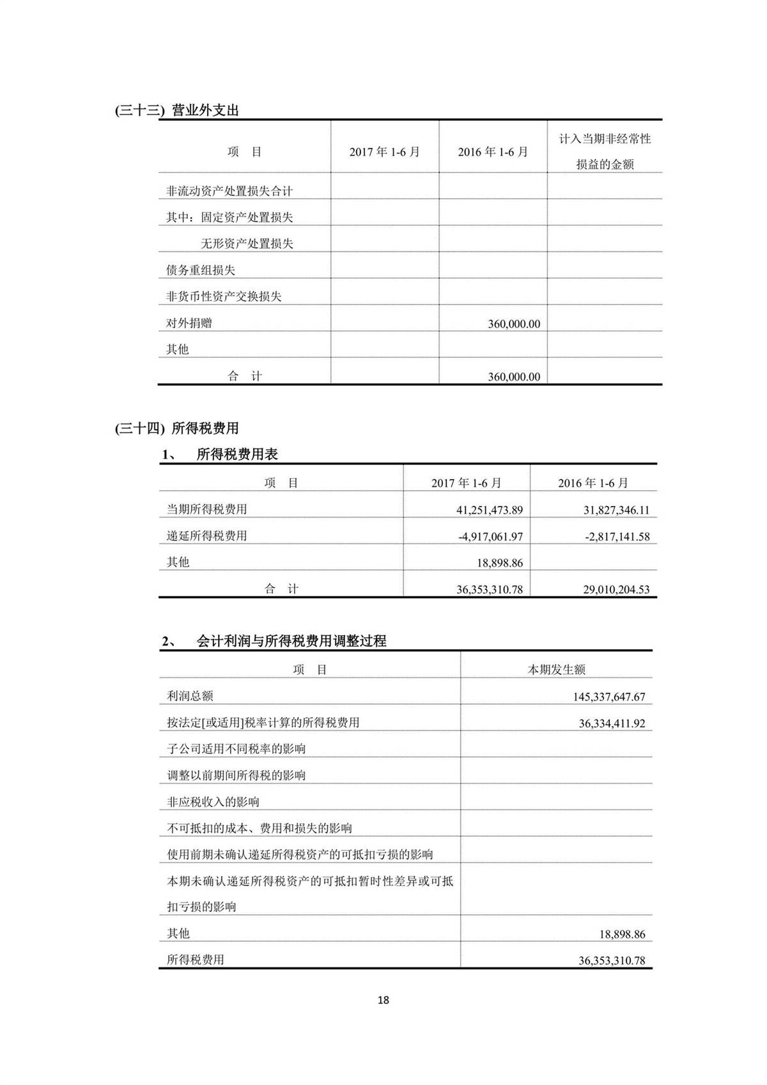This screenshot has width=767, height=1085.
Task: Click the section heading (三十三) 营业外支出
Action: coord(177,110)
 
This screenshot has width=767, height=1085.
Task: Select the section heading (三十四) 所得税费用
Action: coord(177,428)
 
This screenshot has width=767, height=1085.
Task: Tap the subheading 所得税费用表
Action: coord(237,455)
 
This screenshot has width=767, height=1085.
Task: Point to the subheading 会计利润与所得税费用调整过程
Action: coord(291,641)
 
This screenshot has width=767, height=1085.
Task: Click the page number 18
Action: coord(383,1000)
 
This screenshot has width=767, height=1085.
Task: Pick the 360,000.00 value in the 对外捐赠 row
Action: coord(513,324)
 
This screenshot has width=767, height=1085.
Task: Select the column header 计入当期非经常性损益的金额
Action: coord(605,152)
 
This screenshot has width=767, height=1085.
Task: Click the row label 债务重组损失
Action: coord(201,270)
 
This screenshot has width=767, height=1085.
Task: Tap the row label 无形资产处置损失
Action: coord(247,244)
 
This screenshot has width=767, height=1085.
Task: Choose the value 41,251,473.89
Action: coord(490,510)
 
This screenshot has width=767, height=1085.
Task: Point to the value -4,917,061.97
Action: coord(490,537)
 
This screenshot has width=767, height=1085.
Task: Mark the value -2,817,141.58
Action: coord(617,537)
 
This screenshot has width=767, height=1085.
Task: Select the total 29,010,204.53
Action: coord(616,589)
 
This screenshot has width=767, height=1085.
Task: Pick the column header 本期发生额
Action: coord(556,670)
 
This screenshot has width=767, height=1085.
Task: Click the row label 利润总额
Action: coord(190,696)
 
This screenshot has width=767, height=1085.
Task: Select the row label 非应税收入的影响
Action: coord(213,802)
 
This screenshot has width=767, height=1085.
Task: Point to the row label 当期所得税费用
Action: coord(206,509)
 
